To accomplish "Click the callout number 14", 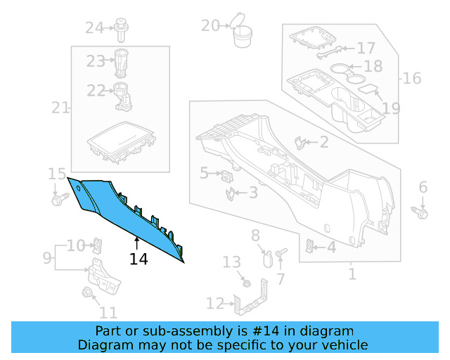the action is point(139,259).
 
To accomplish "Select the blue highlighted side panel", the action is point(120,212).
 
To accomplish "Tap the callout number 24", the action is point(94,28).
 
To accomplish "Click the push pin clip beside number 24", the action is point(121,30).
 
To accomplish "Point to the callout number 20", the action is point(210,25).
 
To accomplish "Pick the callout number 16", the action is point(412,78).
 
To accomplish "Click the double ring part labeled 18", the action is point(348,73).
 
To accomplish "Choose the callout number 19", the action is point(391,108).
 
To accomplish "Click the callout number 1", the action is point(352,274).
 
